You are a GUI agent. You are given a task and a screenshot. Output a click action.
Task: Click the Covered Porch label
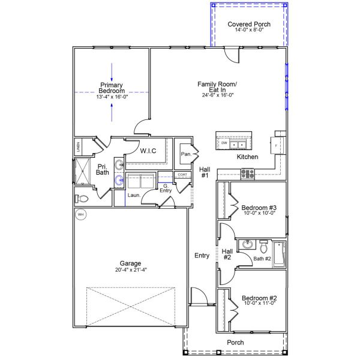[x=249, y=24]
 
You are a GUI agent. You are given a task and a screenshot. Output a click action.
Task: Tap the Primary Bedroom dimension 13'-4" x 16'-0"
[x=112, y=97]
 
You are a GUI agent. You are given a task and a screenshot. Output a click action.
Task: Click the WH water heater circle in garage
[x=80, y=214]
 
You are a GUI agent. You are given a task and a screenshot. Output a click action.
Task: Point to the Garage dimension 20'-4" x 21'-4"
[x=130, y=270]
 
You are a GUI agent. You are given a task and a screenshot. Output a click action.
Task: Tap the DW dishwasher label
[x=224, y=144]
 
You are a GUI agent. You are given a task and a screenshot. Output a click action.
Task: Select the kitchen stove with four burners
[x=248, y=174]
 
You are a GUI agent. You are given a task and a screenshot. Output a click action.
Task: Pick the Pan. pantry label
[x=185, y=155]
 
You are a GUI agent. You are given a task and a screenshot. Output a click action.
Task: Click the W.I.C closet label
[x=148, y=151]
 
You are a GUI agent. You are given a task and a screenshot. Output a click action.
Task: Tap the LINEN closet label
[x=78, y=146]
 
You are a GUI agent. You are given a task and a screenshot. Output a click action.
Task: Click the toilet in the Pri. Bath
[x=82, y=198]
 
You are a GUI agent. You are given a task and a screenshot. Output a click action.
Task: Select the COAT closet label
[x=182, y=175]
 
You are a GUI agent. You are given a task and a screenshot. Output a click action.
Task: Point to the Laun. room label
[x=134, y=195]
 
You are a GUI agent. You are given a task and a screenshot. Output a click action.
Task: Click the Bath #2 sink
[x=247, y=245]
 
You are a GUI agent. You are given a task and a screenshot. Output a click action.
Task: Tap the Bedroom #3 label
[x=259, y=209]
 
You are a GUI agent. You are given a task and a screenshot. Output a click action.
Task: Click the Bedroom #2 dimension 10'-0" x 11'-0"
[x=259, y=303]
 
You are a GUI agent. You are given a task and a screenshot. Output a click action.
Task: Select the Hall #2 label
[x=227, y=254]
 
